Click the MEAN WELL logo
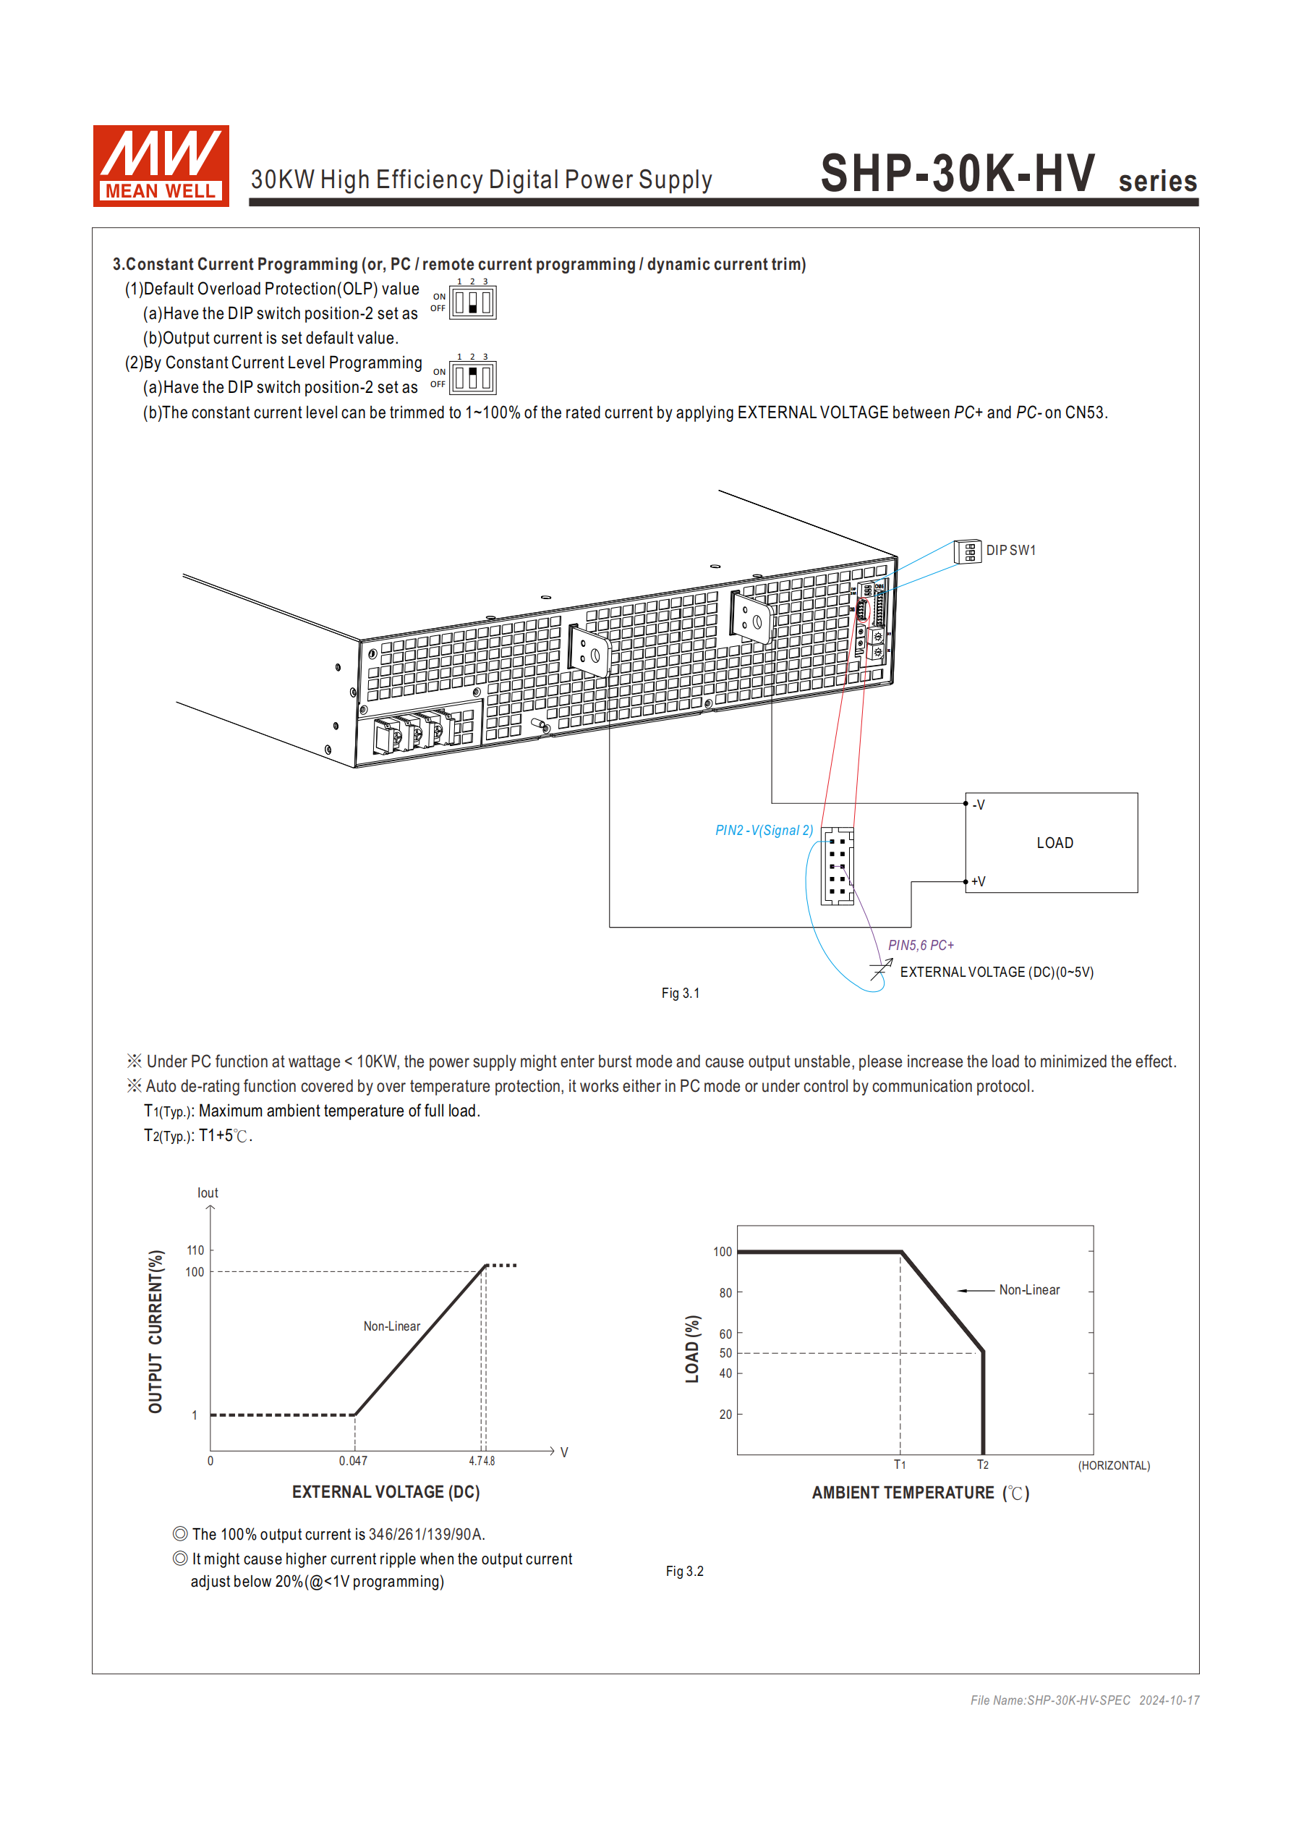(x=161, y=166)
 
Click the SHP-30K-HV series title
(x=1007, y=174)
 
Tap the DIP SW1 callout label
(x=1010, y=551)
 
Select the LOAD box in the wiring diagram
(x=1054, y=844)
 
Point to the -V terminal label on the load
(x=979, y=805)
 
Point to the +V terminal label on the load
(x=979, y=882)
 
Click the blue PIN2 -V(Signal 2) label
(x=764, y=831)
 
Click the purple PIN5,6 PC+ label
(x=920, y=945)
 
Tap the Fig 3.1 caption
(x=680, y=993)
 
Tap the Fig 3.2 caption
(x=684, y=1572)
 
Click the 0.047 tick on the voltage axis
(x=353, y=1461)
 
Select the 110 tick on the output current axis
(x=195, y=1251)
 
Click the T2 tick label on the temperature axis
(x=983, y=1465)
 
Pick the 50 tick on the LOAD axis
(x=725, y=1353)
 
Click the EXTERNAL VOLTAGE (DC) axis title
(x=385, y=1492)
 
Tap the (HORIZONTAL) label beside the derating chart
(x=1114, y=1466)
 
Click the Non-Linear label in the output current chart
(x=391, y=1326)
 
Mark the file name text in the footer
(x=1050, y=1700)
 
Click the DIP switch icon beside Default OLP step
(x=472, y=303)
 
